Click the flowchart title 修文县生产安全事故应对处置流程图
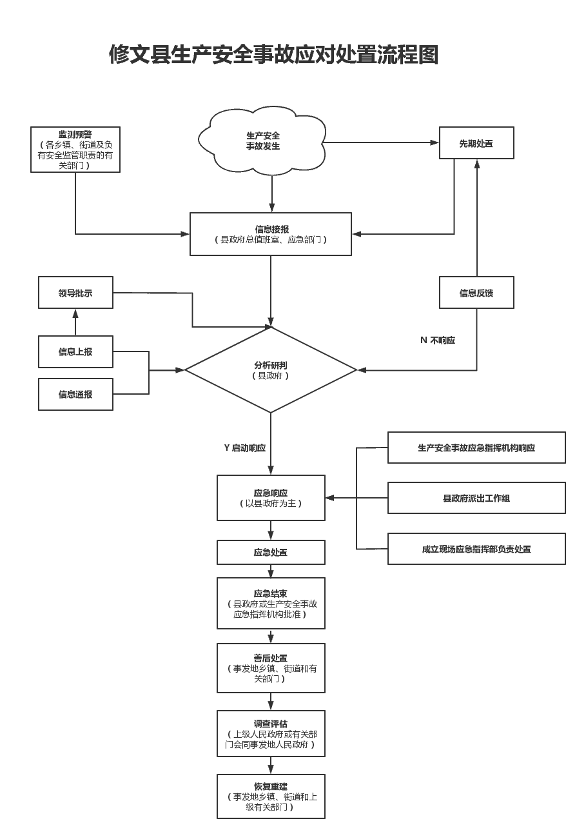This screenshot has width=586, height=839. tap(273, 55)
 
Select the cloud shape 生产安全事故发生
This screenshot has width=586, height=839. tap(262, 141)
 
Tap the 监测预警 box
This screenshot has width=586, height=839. tap(75, 150)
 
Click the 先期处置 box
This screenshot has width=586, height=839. tap(476, 143)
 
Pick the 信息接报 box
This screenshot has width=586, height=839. tap(271, 234)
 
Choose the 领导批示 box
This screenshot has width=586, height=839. tap(75, 293)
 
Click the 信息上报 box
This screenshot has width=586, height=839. tap(75, 351)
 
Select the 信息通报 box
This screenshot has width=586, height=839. tap(75, 394)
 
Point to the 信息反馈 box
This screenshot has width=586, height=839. tap(476, 293)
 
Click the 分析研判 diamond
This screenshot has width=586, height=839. tap(271, 370)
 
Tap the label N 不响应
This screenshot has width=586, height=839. tap(438, 340)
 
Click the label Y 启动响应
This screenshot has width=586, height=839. tap(245, 448)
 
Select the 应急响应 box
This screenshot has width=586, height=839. tap(271, 498)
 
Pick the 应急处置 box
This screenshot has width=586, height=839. tap(271, 552)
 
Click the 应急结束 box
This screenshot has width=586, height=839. tap(271, 603)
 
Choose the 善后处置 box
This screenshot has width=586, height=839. tap(271, 668)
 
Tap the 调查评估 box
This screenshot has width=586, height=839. tap(271, 733)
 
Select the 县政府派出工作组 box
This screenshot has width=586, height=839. tap(476, 498)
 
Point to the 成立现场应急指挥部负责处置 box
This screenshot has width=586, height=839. tap(476, 549)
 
